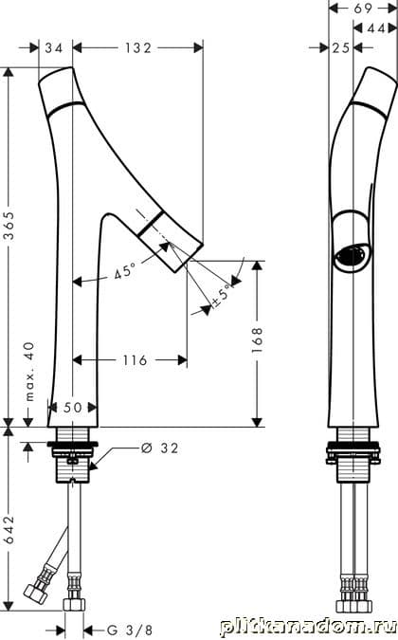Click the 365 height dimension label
coord(9,226)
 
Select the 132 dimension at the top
coord(138,47)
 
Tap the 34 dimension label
coord(54,47)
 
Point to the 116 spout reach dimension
coord(135,360)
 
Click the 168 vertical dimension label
coord(258,339)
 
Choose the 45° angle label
coord(124,271)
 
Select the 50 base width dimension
coord(73,407)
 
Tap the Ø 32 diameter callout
coord(159,448)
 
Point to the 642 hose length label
coord(9,529)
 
